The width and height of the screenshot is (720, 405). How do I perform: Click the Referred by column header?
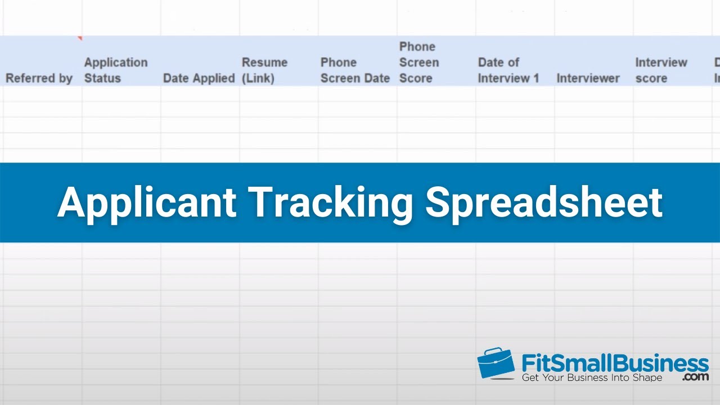pyautogui.click(x=39, y=78)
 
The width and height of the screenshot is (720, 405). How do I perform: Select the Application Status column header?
pyautogui.click(x=116, y=70)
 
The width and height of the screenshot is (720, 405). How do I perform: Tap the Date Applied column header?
pyautogui.click(x=199, y=78)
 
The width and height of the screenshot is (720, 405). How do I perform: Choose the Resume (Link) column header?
pyautogui.click(x=264, y=70)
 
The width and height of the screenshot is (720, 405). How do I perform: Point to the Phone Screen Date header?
pyautogui.click(x=355, y=70)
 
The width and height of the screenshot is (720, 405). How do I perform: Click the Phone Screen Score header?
pyautogui.click(x=418, y=62)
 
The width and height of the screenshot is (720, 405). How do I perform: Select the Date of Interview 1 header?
pyautogui.click(x=508, y=70)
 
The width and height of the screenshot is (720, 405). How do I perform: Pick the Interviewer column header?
pyautogui.click(x=588, y=78)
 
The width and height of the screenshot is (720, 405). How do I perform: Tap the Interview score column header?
pyautogui.click(x=661, y=70)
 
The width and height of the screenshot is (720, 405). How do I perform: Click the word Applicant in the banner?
pyautogui.click(x=146, y=202)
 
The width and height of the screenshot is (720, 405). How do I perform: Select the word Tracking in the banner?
pyautogui.click(x=331, y=202)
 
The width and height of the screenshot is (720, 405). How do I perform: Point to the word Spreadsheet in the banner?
pyautogui.click(x=543, y=202)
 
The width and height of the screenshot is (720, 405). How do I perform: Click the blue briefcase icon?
pyautogui.click(x=496, y=363)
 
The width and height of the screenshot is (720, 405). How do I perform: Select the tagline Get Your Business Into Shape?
pyautogui.click(x=592, y=377)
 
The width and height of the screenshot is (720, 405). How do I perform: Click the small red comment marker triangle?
pyautogui.click(x=80, y=38)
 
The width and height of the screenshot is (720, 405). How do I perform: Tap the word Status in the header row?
pyautogui.click(x=102, y=78)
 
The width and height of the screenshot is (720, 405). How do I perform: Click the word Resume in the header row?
pyautogui.click(x=264, y=62)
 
